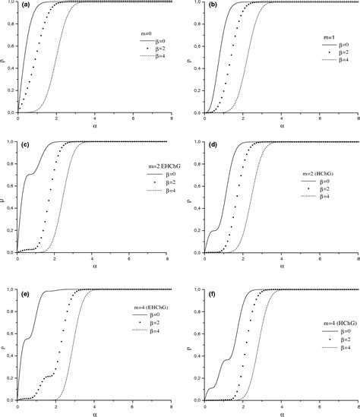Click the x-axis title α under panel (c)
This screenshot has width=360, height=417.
point(95,267)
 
